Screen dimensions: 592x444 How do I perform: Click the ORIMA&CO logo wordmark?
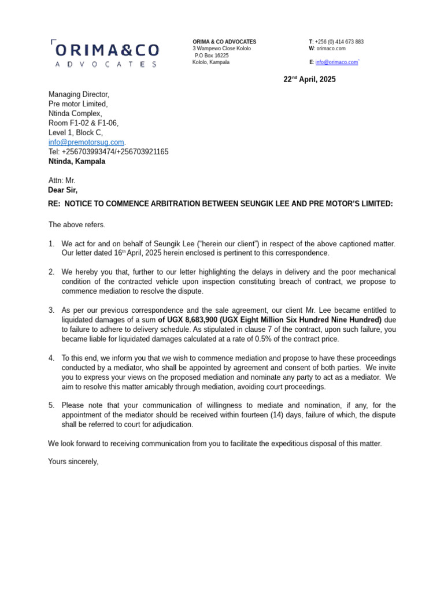[105, 50]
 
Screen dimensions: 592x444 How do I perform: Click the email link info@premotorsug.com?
[86, 142]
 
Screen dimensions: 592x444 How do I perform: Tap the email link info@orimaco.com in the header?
[336, 62]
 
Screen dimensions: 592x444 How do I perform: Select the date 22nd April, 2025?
[309, 80]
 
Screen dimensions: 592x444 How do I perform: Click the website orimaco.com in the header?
[331, 49]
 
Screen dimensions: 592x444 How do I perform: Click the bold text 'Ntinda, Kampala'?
[77, 161]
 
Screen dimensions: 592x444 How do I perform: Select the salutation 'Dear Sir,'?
[62, 190]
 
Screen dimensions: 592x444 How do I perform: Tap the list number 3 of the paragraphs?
[51, 310]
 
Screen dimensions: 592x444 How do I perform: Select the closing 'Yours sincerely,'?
[73, 462]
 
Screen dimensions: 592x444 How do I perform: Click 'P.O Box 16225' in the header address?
[212, 55]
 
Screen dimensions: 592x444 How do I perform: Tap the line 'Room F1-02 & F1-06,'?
[83, 123]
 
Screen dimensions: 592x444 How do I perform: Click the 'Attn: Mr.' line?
[62, 180]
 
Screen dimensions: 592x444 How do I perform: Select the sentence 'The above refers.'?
[77, 225]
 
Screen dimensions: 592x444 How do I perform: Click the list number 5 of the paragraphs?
[51, 405]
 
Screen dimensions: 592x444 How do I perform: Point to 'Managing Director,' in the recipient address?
[79, 94]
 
